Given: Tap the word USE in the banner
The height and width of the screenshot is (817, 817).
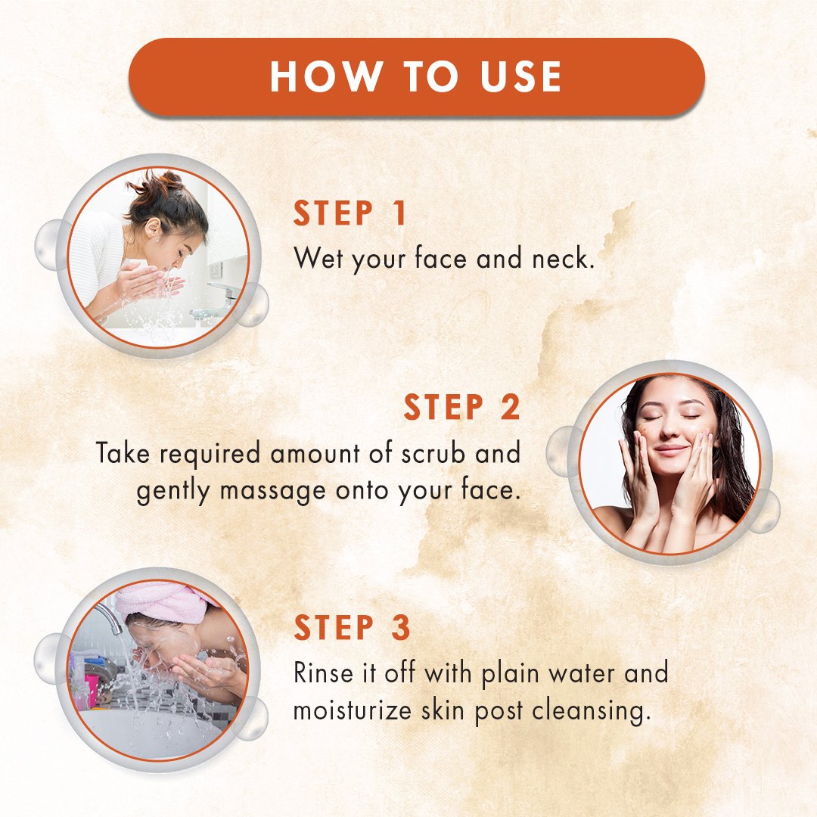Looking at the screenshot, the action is click(x=520, y=76).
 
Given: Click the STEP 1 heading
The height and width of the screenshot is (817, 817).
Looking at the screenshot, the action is click(x=350, y=213).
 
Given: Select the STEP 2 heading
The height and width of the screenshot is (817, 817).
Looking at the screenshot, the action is click(x=461, y=407).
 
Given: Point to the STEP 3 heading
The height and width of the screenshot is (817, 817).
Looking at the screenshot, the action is click(x=353, y=627).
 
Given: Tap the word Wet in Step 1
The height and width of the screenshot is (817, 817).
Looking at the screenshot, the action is click(x=318, y=258).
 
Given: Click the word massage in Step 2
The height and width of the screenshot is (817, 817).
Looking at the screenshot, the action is click(x=272, y=492).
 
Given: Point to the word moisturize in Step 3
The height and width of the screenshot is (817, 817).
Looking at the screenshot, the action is click(x=353, y=710).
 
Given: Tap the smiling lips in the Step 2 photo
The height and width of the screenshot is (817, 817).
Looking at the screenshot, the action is click(x=672, y=449).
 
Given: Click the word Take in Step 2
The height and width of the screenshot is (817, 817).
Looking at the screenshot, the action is click(x=123, y=452).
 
